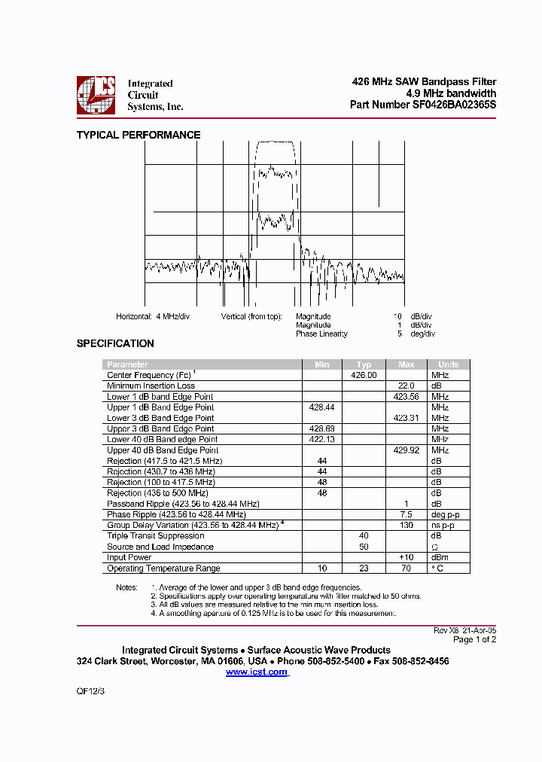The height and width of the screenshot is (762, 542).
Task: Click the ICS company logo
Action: (x=96, y=95)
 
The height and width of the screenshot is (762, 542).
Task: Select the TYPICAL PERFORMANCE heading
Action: (x=139, y=135)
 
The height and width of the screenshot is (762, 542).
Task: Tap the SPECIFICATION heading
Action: (x=115, y=343)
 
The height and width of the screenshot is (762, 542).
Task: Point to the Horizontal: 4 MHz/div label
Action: (x=153, y=316)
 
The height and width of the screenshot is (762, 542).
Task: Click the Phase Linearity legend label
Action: (x=321, y=334)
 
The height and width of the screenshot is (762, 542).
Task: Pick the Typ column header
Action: (x=364, y=364)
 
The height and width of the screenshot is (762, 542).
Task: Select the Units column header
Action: (x=448, y=364)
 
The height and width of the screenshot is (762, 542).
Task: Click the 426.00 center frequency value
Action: (x=364, y=375)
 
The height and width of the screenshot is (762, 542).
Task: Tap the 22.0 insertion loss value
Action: (x=406, y=386)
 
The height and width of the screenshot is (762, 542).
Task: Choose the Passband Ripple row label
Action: (x=183, y=504)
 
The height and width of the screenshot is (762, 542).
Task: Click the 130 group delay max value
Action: (x=406, y=526)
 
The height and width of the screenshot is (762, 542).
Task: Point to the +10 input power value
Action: (x=406, y=558)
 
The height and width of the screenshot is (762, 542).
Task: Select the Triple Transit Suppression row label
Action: (x=155, y=536)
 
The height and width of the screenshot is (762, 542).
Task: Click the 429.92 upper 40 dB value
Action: (x=406, y=450)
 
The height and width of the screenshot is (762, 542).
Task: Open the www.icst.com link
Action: (x=257, y=672)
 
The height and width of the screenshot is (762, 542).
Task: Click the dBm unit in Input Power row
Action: (x=440, y=558)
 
